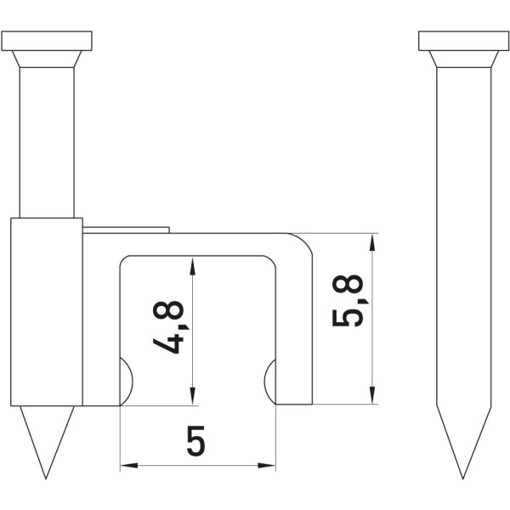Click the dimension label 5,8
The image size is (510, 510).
click(348, 301)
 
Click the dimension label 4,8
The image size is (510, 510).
click(168, 327)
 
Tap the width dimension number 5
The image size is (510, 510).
click(196, 440)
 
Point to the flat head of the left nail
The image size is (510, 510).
click(47, 41)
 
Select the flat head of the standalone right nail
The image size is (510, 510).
click(463, 41)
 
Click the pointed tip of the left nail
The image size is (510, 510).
click(46, 479)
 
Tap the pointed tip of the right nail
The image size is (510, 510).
click(463, 479)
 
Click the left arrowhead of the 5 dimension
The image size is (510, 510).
click(129, 466)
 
